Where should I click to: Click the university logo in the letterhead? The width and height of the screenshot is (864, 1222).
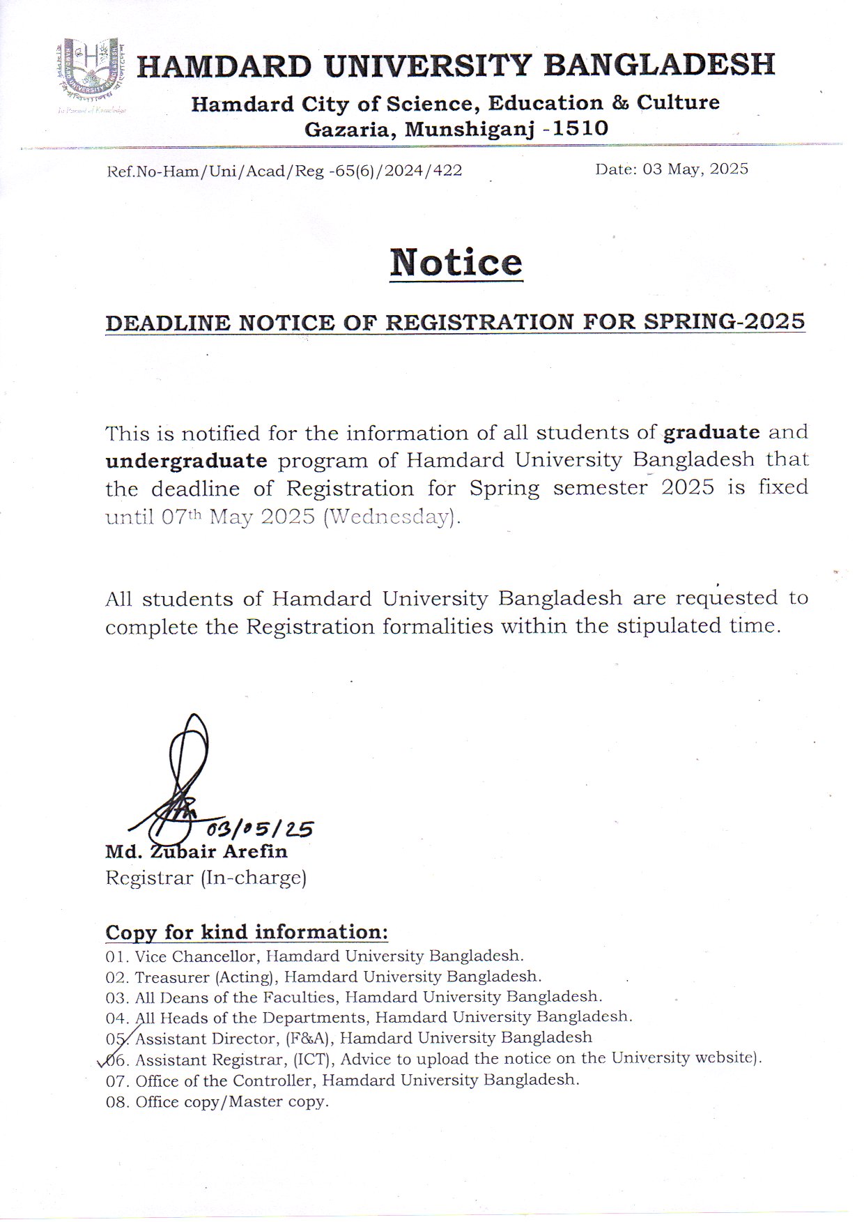coord(91,75)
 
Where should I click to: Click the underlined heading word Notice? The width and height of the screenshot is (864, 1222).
coord(456,262)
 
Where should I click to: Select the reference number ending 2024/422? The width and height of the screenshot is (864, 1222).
coord(284,171)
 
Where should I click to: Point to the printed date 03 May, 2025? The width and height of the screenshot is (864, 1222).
coord(671,169)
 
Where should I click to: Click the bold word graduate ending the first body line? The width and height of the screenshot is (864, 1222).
coord(711,432)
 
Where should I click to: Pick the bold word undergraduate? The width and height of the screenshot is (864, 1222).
coord(186,460)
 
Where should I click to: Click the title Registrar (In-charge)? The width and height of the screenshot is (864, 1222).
coord(206,878)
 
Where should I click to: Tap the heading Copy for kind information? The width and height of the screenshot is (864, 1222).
coord(246,932)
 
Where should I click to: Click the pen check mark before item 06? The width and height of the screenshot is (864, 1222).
coord(107,1060)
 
